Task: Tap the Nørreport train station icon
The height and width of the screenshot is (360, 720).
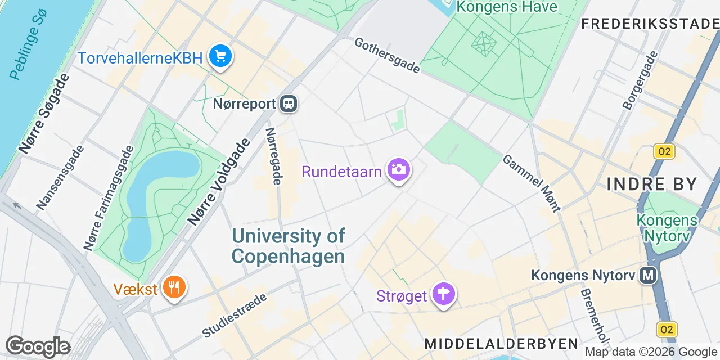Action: pos(289,103)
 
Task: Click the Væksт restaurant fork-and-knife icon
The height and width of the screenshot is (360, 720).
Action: pos(174,288)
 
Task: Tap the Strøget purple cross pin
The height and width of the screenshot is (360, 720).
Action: pos(444,294)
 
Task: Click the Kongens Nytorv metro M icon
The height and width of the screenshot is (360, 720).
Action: pos(649,275)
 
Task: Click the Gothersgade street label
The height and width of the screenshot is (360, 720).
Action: pos(387,55)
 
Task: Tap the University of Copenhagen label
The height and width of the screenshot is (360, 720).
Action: pos(289,246)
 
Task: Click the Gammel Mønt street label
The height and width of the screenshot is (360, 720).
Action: pos(532,183)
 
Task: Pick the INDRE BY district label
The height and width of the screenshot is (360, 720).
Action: pos(652,184)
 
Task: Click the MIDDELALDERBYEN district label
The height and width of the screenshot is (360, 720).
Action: pos(501,344)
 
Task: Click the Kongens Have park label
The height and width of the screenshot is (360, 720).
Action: pos(506,7)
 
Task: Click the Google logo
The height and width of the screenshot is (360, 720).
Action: pos(38,347)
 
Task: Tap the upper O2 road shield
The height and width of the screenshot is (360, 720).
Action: pos(664,151)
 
